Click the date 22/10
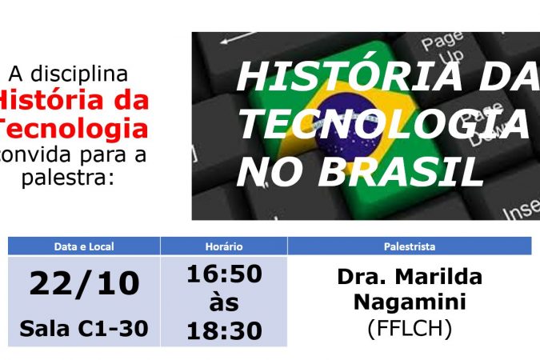coord(84,283)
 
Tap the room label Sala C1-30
coord(84,328)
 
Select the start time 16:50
coord(224,274)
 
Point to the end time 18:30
coord(224,330)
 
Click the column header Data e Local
coord(84,246)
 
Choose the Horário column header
coord(224,246)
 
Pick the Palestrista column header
coord(410,246)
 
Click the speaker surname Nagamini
coord(410,302)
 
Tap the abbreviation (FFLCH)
coord(410,328)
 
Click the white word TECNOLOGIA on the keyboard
coord(384,123)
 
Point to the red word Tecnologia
coord(74,128)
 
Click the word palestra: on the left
coord(68,178)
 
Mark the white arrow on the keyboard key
coord(238,38)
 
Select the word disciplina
coord(79,74)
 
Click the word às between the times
coord(224,302)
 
